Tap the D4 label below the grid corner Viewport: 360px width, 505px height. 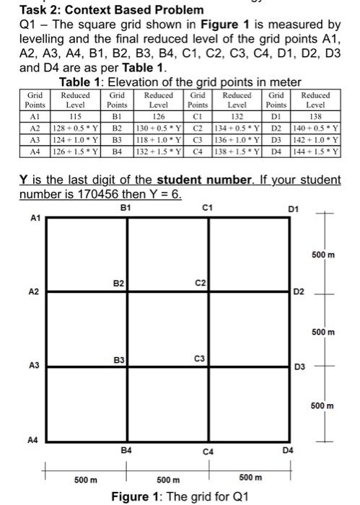click(289, 449)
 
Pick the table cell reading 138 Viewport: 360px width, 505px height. click(315, 115)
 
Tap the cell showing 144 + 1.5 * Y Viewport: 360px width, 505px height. click(315, 151)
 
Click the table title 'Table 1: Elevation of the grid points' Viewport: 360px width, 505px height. click(180, 82)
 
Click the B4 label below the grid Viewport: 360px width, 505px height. click(127, 449)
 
